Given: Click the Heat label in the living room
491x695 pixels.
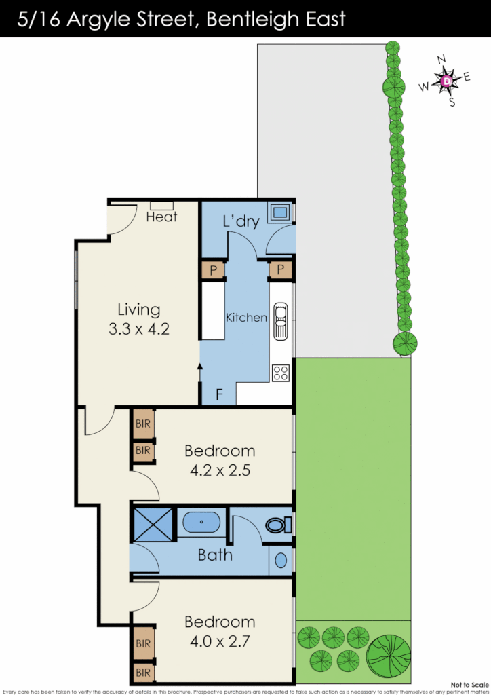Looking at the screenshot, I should pyautogui.click(x=161, y=217).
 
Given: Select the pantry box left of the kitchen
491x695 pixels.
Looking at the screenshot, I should pyautogui.click(x=213, y=270).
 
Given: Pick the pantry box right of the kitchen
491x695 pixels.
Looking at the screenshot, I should pyautogui.click(x=280, y=270).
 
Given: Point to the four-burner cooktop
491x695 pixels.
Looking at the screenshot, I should pyautogui.click(x=280, y=372).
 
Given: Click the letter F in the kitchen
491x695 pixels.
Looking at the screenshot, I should pyautogui.click(x=219, y=394).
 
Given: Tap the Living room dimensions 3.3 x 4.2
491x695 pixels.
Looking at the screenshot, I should pyautogui.click(x=139, y=330).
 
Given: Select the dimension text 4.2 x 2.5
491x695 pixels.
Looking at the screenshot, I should pyautogui.click(x=220, y=469).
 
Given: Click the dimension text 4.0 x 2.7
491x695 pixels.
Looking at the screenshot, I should pyautogui.click(x=220, y=640).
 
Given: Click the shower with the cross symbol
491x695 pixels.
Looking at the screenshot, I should pyautogui.click(x=153, y=525).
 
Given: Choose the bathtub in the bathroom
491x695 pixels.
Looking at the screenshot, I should pyautogui.click(x=201, y=523).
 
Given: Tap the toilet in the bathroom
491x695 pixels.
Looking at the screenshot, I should pyautogui.click(x=277, y=525).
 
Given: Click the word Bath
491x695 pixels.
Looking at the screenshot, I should pyautogui.click(x=215, y=555).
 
